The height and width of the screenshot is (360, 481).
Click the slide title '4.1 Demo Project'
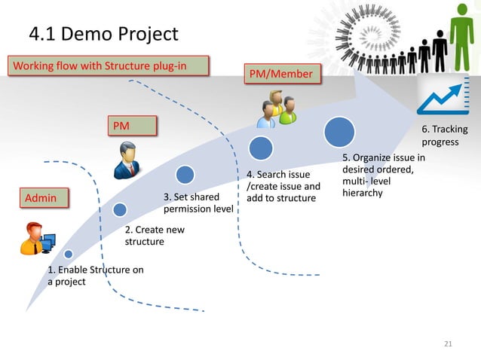(103, 34)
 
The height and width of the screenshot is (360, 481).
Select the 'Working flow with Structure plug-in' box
(107, 66)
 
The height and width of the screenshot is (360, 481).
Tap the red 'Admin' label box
(44, 199)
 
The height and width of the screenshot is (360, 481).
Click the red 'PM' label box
(132, 125)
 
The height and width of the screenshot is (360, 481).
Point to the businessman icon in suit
(126, 160)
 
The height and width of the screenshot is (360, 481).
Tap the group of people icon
(276, 109)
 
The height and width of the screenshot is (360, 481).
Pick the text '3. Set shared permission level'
(198, 203)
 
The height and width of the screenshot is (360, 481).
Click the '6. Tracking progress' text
(444, 136)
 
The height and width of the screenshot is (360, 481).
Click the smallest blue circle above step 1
(69, 255)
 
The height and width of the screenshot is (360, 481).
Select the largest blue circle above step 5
(339, 132)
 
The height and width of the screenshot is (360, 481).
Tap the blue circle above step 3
(185, 175)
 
